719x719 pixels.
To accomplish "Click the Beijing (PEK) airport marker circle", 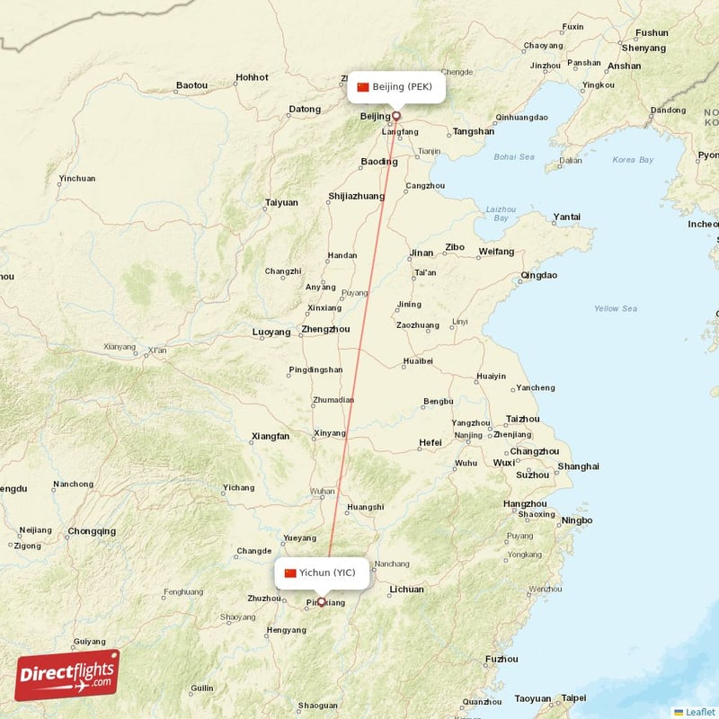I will tap(395, 116).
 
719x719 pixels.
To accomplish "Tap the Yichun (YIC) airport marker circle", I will tap(321, 602).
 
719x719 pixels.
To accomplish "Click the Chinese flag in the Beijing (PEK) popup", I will tap(363, 87).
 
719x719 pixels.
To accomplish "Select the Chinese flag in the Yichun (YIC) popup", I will tap(290, 573).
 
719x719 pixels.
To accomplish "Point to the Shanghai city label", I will tap(578, 466).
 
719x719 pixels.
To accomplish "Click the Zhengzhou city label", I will tap(325, 330).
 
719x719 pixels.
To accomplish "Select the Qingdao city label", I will tap(538, 275).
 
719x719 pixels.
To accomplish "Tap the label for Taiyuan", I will tap(281, 202).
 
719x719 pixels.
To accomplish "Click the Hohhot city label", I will tap(252, 77).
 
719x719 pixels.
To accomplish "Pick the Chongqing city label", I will tap(92, 531).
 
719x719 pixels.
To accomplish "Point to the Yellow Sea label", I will tap(616, 309).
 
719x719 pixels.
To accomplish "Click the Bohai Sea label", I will tap(513, 157).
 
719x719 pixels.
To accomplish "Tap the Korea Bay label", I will tap(633, 160).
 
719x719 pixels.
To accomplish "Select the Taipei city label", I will tap(573, 697).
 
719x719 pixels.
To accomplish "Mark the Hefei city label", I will tap(431, 442).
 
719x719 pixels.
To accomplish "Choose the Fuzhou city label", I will tap(501, 659).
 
